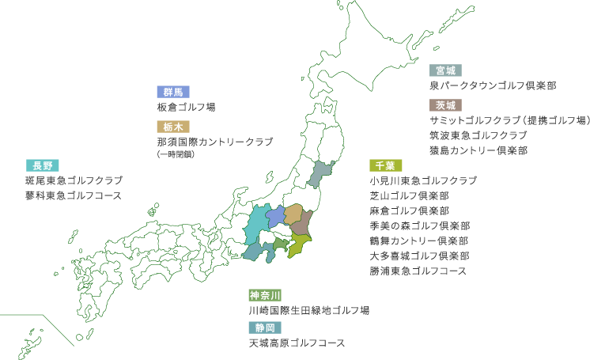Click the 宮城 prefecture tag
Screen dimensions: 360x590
pyautogui.click(x=445, y=70)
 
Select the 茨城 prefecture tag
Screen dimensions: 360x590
pyautogui.click(x=445, y=105)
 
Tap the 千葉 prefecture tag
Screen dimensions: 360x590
pyautogui.click(x=385, y=165)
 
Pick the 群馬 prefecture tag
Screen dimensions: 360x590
pyautogui.click(x=173, y=92)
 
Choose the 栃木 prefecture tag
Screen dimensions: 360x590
pyautogui.click(x=173, y=127)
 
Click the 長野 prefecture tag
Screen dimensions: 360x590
pyautogui.click(x=42, y=165)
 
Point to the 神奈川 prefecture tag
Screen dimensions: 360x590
pyautogui.click(x=265, y=295)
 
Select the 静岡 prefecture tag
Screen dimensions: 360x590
pyautogui.click(x=265, y=328)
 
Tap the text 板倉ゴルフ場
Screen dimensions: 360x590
pyautogui.click(x=186, y=107)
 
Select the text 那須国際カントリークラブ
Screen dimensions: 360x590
pyautogui.click(x=215, y=142)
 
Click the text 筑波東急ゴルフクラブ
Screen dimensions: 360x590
pyautogui.click(x=478, y=135)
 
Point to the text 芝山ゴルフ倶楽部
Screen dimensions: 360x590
pyautogui.click(x=409, y=195)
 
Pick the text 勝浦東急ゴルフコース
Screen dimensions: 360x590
pyautogui.click(x=418, y=271)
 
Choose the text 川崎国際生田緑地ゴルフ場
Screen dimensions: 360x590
pyautogui.click(x=309, y=310)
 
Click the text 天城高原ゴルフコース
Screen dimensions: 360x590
pyautogui.click(x=297, y=343)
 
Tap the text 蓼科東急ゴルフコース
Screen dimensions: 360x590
pyautogui.click(x=74, y=195)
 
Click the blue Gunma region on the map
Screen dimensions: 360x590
pyautogui.click(x=275, y=216)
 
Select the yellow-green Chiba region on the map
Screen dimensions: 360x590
pyautogui.click(x=300, y=245)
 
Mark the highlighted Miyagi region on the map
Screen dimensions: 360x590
pyautogui.click(x=320, y=175)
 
